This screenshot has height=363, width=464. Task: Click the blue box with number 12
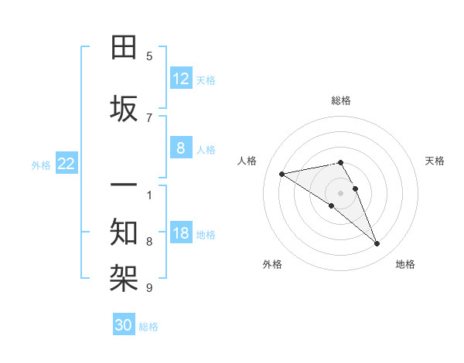point(181,79)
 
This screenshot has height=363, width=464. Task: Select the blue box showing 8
point(181,148)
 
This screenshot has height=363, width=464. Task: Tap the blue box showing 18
point(181,233)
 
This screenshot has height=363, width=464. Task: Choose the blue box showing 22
point(67,163)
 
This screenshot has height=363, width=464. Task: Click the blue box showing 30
point(124,325)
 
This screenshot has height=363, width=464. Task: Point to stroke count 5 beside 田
point(149,56)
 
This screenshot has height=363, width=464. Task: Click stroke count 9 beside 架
point(149,288)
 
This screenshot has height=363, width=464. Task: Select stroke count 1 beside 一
point(149,194)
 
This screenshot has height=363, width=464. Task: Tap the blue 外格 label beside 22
point(41,165)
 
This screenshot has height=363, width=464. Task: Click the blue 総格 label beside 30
point(148,327)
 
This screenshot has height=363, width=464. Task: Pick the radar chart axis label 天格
point(435,161)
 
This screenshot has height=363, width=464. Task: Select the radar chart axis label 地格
point(405,264)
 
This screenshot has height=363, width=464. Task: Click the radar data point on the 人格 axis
point(282,173)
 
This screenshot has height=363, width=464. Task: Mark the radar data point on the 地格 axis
point(377,244)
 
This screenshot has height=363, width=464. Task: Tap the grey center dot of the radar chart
point(341,192)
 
